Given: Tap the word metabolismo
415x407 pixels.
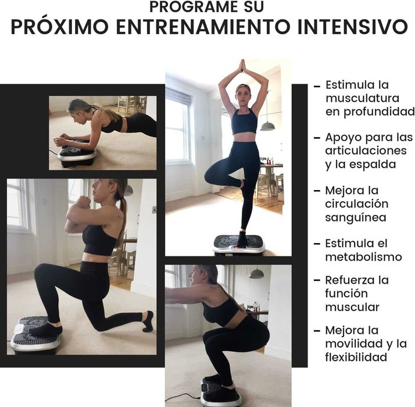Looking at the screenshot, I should click(x=363, y=256).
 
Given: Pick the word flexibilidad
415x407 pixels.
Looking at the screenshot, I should click(x=356, y=356).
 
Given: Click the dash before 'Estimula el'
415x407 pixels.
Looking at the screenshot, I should click(x=317, y=244).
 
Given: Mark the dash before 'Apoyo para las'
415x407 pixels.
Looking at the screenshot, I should click(x=317, y=138).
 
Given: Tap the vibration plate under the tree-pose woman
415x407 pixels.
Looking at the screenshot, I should click(x=238, y=244).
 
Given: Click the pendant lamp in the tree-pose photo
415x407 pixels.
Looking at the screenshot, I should click(x=267, y=125).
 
